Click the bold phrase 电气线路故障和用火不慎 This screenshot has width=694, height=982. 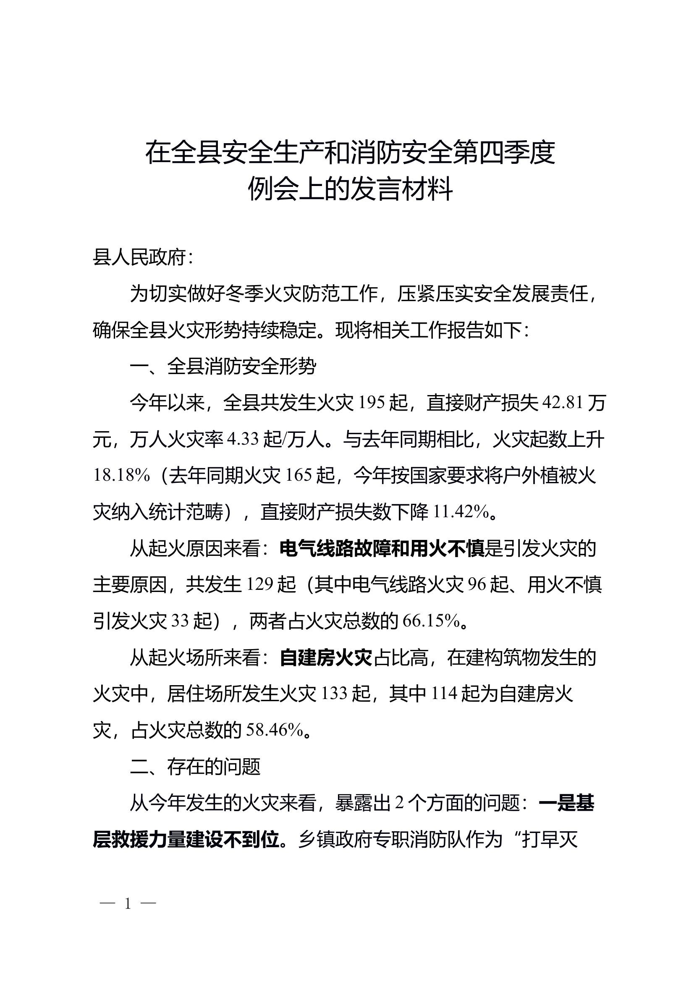click(x=382, y=549)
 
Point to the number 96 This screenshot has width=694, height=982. click(x=477, y=585)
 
